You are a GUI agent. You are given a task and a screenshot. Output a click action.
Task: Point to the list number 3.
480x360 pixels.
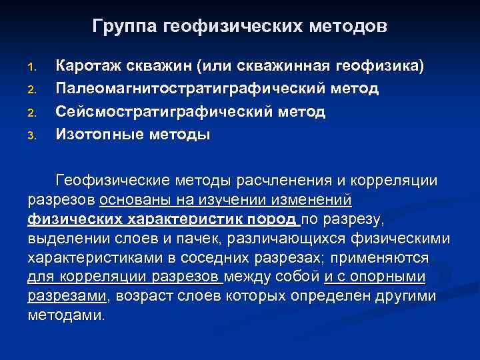[31, 137]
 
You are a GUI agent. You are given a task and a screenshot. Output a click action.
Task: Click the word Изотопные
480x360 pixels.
[96, 135]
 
